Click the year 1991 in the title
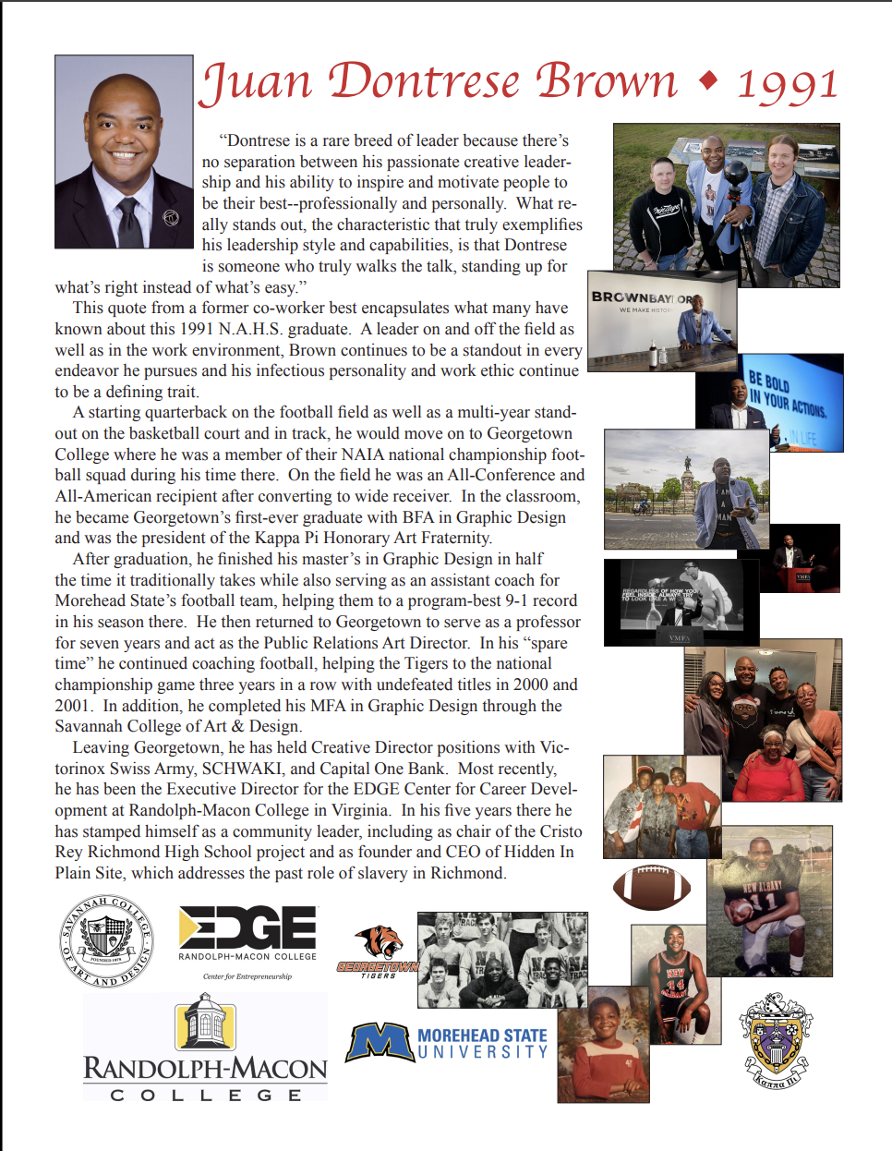pyautogui.click(x=787, y=84)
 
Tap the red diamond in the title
pyautogui.click(x=708, y=81)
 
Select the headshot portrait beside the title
pyautogui.click(x=124, y=151)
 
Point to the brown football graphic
pyautogui.click(x=652, y=887)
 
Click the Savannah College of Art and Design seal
pyautogui.click(x=106, y=941)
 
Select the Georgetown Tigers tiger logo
pyautogui.click(x=380, y=941)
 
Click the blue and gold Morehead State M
pyautogui.click(x=379, y=1042)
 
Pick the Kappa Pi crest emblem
pyautogui.click(x=776, y=1040)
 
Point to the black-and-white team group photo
pyautogui.click(x=501, y=960)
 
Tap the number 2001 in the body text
pyautogui.click(x=74, y=706)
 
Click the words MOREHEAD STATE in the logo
pyautogui.click(x=482, y=1036)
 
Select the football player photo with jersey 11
pyautogui.click(x=769, y=902)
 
